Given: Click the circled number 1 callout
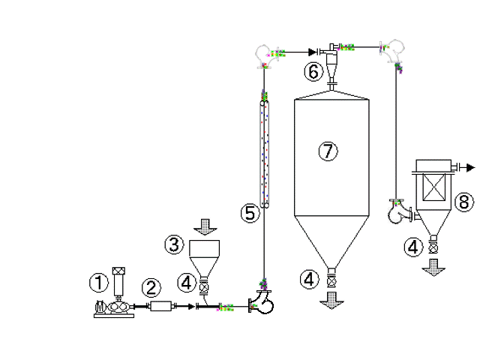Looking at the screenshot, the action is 98,282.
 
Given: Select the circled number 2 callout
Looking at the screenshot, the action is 151,288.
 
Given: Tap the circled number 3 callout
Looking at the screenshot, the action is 175,244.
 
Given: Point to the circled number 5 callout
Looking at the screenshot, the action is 250,213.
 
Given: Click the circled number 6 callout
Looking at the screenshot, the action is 313,72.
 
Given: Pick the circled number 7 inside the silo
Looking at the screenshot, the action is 328,151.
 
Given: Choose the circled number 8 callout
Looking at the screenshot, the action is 464,202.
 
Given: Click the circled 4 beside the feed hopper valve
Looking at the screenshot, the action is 187,282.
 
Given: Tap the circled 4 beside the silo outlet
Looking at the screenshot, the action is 309,279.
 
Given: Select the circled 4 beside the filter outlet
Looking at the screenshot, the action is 413,247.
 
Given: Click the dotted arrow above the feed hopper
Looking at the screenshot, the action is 205,226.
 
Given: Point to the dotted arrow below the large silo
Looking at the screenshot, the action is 331,301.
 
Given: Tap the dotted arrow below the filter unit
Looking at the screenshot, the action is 433,268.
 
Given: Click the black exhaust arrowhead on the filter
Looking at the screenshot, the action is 470,167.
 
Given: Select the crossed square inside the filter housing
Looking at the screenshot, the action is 433,187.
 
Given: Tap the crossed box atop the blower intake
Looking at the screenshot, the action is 118,271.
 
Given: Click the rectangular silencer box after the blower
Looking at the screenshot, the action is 161,306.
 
